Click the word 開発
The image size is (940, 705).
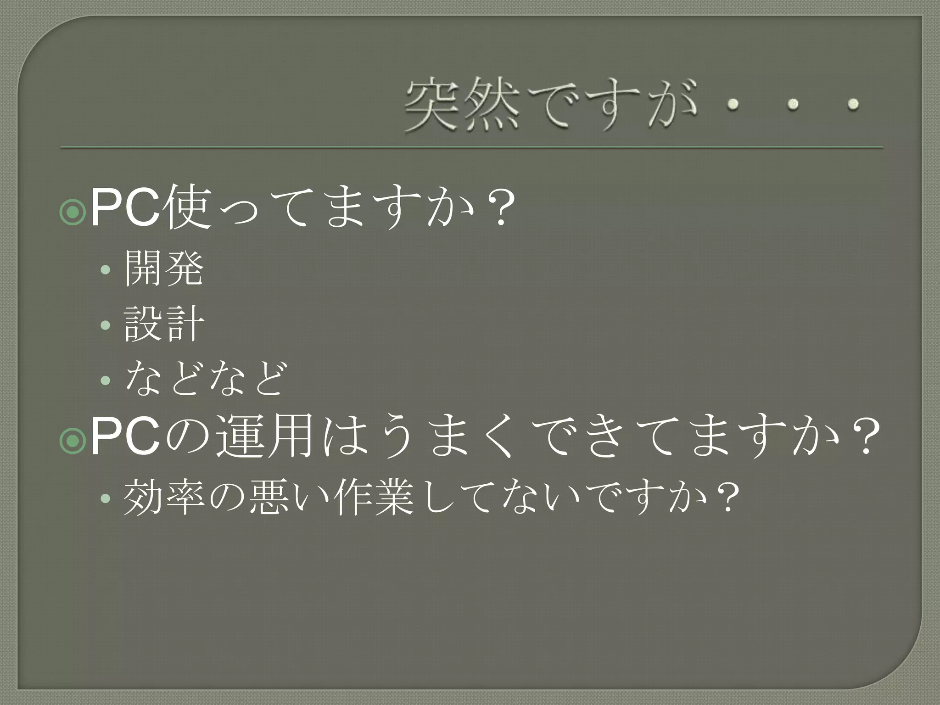(x=164, y=269)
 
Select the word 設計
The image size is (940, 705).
(x=164, y=324)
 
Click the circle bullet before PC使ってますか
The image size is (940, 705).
(x=73, y=212)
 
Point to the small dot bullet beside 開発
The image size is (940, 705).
(x=106, y=270)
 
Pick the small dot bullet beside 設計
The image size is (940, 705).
(x=106, y=325)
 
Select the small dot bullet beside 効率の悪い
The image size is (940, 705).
(x=106, y=498)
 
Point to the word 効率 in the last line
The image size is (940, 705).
(x=164, y=497)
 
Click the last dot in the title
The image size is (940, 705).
(x=853, y=105)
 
